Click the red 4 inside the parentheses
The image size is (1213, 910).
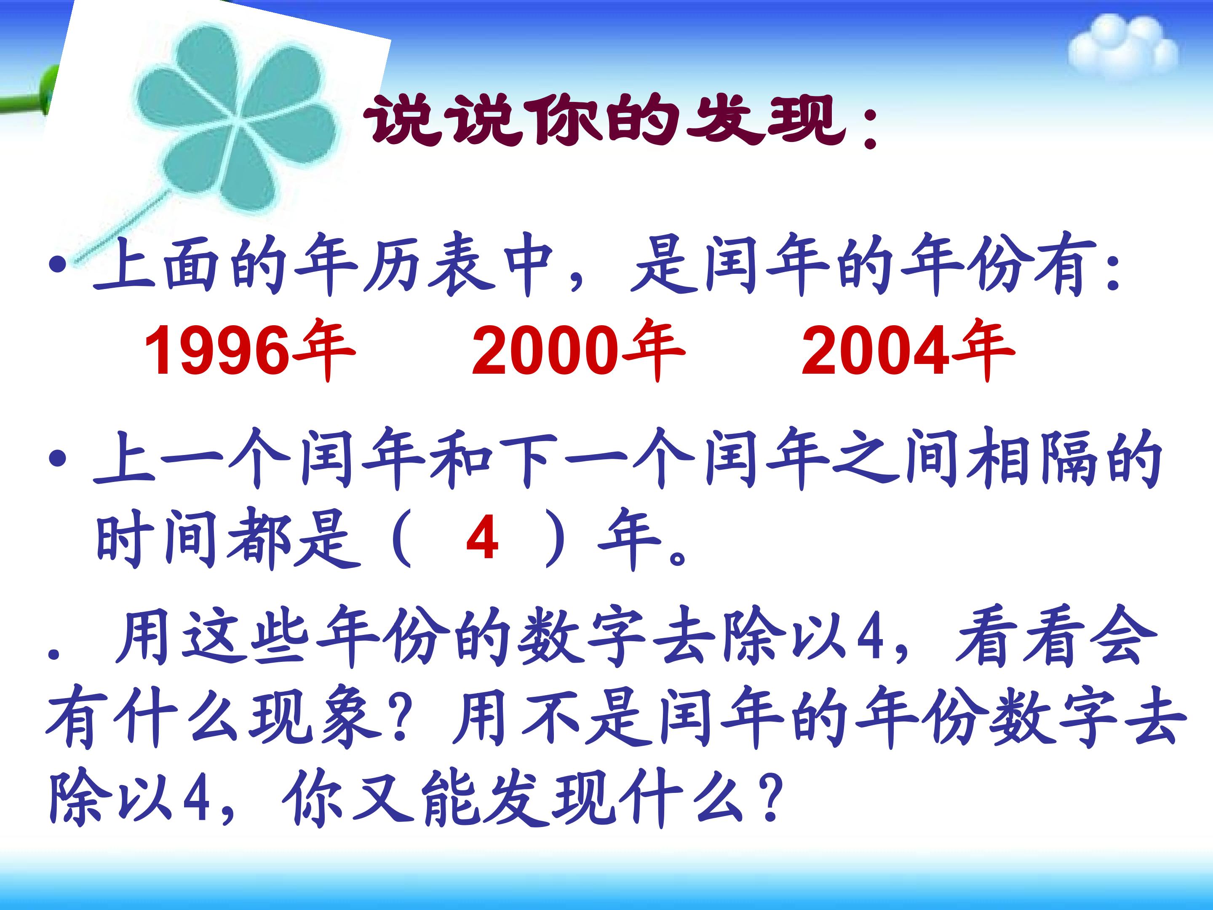pos(482,539)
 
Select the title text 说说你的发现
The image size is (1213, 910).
pos(606,122)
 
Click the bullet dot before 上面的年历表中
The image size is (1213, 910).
pos(56,265)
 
